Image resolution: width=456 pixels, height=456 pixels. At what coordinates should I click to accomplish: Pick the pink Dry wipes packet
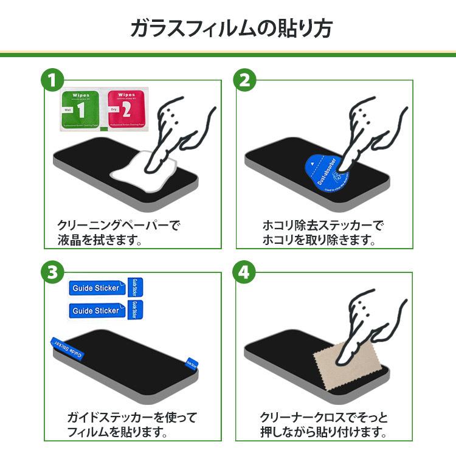126,111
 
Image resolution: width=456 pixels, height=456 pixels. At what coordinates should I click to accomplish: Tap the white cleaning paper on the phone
145,166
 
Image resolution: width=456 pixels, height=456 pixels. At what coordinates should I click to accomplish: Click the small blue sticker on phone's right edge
191,362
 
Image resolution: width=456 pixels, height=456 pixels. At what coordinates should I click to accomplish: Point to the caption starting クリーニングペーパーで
118,226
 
